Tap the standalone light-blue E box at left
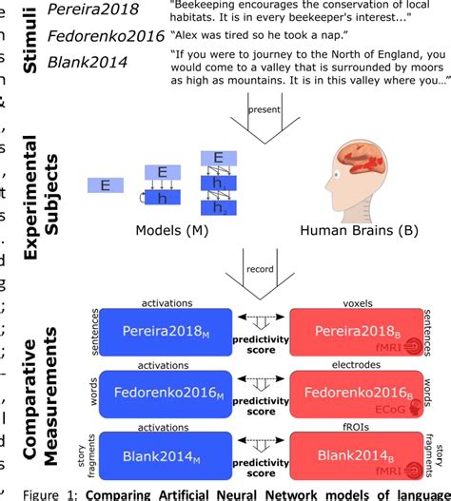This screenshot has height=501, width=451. tap(105, 184)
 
